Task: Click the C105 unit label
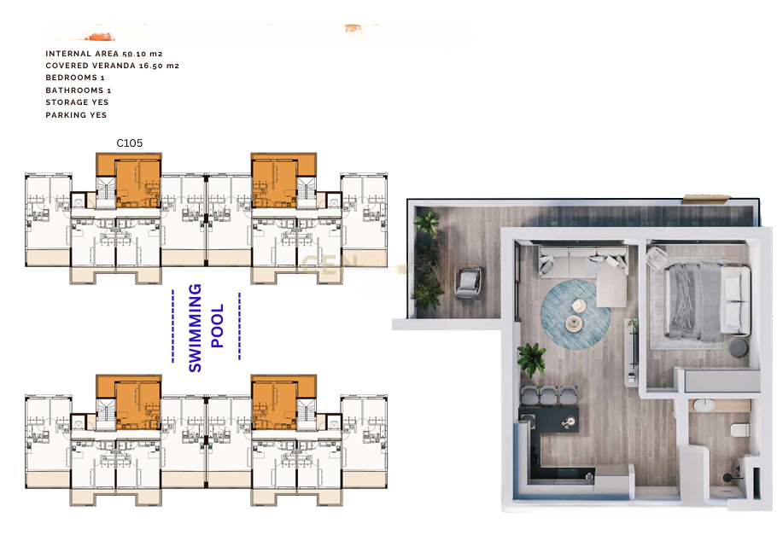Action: [129, 143]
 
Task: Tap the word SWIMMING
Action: [196, 328]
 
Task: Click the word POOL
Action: [218, 325]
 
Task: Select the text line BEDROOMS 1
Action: [75, 78]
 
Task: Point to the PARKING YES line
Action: [76, 115]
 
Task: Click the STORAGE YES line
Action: [77, 102]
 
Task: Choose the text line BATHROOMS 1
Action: [79, 90]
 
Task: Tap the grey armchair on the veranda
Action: [468, 282]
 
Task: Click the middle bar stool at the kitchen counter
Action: [549, 396]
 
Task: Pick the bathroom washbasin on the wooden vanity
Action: [703, 404]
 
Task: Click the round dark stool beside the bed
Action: [739, 346]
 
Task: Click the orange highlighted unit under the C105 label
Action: [129, 180]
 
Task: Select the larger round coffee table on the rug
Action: [573, 323]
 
